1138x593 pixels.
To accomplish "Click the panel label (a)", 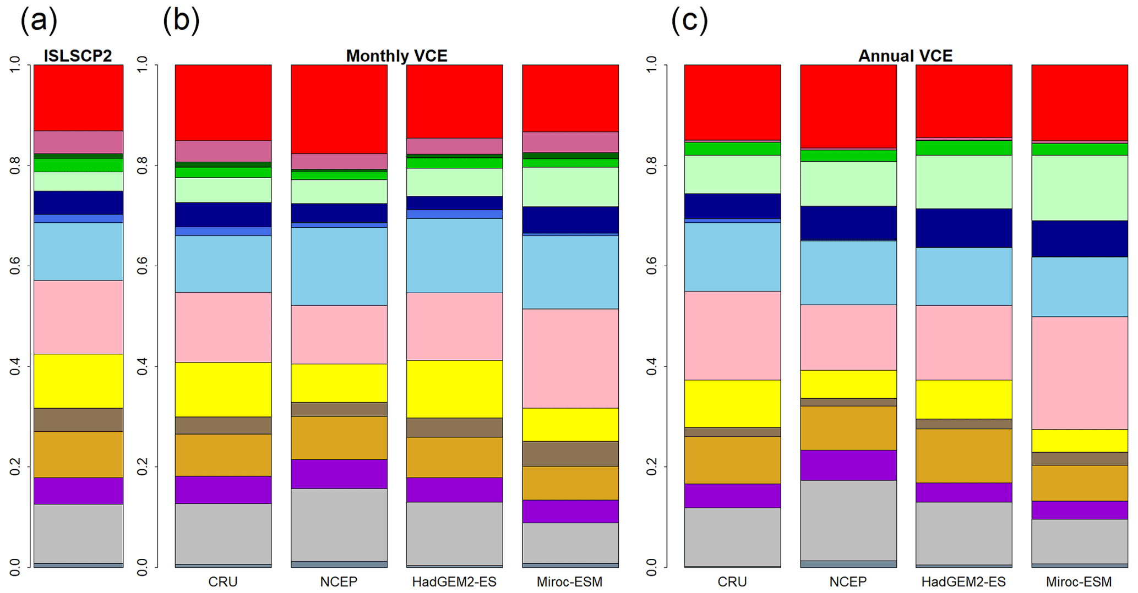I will pos(39,21).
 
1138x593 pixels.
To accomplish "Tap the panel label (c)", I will pos(689,21).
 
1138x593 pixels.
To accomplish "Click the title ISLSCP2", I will pos(78,56).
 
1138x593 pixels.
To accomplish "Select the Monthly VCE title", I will pos(396,56).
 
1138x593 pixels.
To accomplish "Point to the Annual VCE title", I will pos(905,56).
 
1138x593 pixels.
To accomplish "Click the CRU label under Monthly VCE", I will pos(223,581).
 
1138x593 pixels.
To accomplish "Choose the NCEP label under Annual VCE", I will pos(848,581).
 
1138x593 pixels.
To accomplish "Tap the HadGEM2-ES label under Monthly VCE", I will pos(454,581).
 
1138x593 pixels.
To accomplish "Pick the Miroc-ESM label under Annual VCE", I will pos(1079,581).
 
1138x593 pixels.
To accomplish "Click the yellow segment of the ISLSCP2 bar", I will pos(78,381).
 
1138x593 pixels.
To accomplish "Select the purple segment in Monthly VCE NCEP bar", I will pos(339,474).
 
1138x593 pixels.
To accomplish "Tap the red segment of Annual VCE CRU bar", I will pos(732,102).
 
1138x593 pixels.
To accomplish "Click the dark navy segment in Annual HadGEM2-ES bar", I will pos(963,228).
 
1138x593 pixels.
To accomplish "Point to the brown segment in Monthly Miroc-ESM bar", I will pos(570,454).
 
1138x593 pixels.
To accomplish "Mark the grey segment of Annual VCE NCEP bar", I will pos(848,520).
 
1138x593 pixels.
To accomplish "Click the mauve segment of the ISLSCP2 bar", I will pos(78,142).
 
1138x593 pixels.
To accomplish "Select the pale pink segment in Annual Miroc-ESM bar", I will pos(1079,372).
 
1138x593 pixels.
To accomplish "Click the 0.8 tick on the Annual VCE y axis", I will pos(652,166).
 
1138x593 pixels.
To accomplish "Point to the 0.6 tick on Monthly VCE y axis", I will pos(143,266).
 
